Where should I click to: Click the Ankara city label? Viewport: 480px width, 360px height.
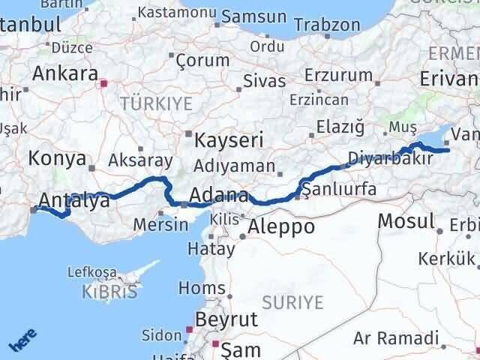click(64, 73)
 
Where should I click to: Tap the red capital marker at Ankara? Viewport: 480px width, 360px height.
click(104, 84)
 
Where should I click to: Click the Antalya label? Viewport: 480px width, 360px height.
click(69, 200)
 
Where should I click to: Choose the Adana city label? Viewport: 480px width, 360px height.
click(220, 196)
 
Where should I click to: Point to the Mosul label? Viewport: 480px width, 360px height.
click(406, 220)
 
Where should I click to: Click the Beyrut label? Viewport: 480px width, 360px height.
click(226, 319)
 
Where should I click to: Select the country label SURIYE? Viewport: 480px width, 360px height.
click(293, 303)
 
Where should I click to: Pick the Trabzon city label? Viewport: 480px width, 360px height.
click(327, 25)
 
